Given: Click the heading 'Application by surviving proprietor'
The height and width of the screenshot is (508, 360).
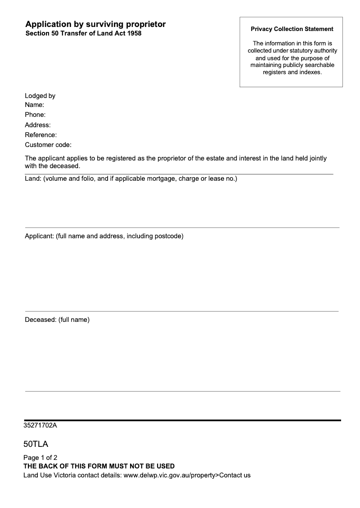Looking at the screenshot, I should point(95,24).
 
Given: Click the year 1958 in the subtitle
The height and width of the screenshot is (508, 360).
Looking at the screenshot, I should point(134,33).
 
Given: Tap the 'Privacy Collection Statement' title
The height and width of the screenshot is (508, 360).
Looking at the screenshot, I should point(292,29).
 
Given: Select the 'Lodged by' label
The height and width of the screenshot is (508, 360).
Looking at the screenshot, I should point(40,96).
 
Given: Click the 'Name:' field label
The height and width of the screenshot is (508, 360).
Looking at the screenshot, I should point(34,105).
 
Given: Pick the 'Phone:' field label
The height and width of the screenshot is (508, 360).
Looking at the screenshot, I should point(35,115).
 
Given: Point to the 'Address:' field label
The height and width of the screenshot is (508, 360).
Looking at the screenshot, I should point(37,125).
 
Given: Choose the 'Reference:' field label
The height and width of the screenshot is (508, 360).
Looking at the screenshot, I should point(40,135).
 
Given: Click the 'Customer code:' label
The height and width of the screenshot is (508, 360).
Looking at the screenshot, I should point(48,145).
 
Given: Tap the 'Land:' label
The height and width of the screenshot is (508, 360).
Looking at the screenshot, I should point(33,179).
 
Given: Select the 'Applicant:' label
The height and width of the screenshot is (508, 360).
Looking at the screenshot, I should point(39,236).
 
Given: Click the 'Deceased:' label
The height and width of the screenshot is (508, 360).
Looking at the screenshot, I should point(40,320).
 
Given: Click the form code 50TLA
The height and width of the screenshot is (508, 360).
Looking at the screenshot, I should point(36,445).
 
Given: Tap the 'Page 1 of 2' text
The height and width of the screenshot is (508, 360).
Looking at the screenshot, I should point(40,458).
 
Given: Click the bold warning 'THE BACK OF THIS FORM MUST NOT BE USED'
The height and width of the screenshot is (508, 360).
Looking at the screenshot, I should point(99,466).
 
